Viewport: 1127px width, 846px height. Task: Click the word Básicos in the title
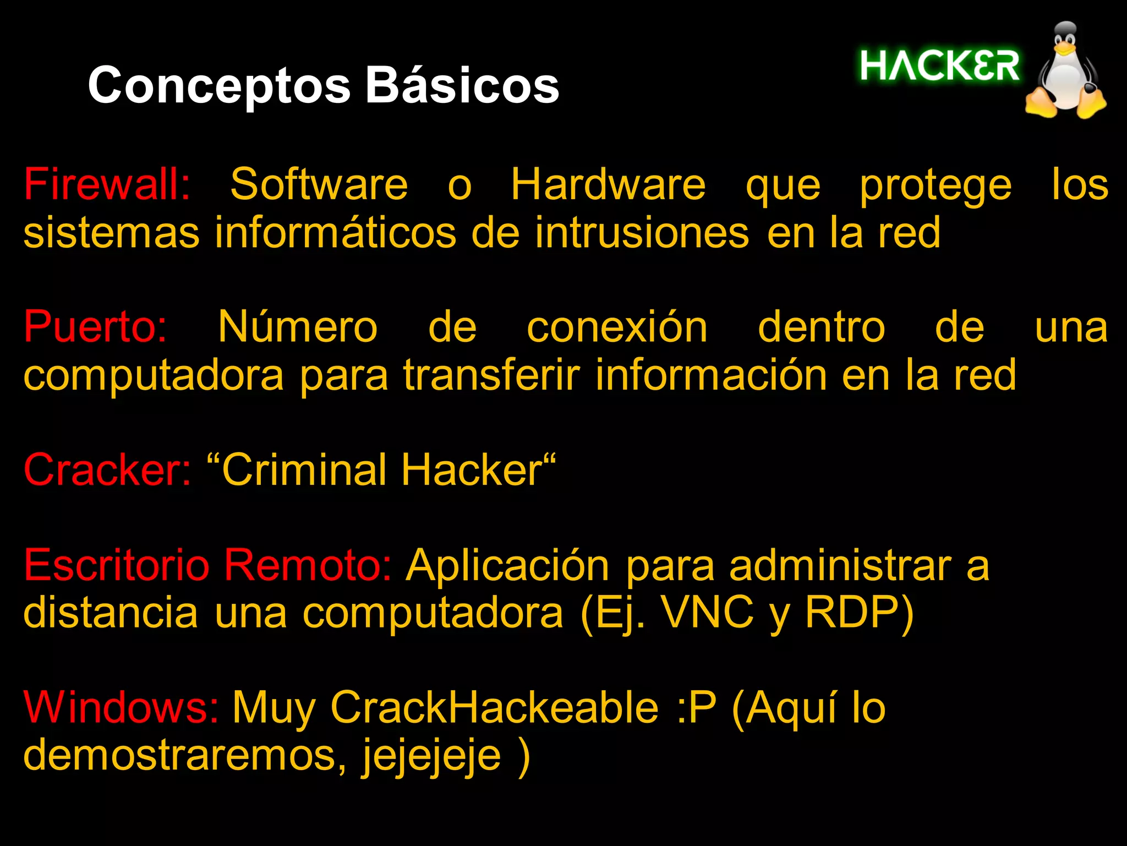(x=462, y=85)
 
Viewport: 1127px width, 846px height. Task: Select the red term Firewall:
(x=107, y=184)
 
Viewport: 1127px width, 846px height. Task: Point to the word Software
(x=319, y=184)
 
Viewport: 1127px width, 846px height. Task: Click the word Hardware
(x=608, y=184)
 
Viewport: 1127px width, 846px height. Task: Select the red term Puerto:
(x=95, y=327)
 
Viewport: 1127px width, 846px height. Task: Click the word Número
(x=298, y=327)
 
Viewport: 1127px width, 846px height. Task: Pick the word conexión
(x=617, y=327)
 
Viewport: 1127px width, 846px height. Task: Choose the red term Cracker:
(x=107, y=470)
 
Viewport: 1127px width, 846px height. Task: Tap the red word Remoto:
(x=307, y=565)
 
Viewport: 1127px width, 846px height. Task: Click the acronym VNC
(x=707, y=613)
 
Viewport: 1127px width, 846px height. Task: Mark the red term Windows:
(x=121, y=707)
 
